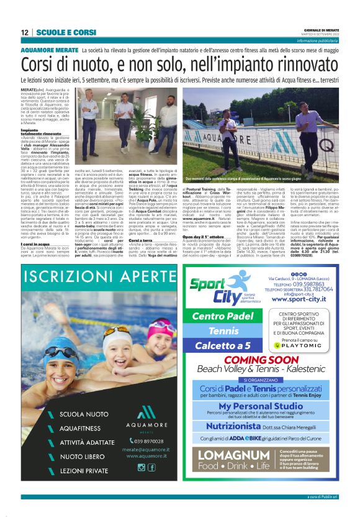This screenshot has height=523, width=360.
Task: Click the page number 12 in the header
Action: (x=25, y=32)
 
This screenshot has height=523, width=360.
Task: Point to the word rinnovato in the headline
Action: (x=295, y=65)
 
